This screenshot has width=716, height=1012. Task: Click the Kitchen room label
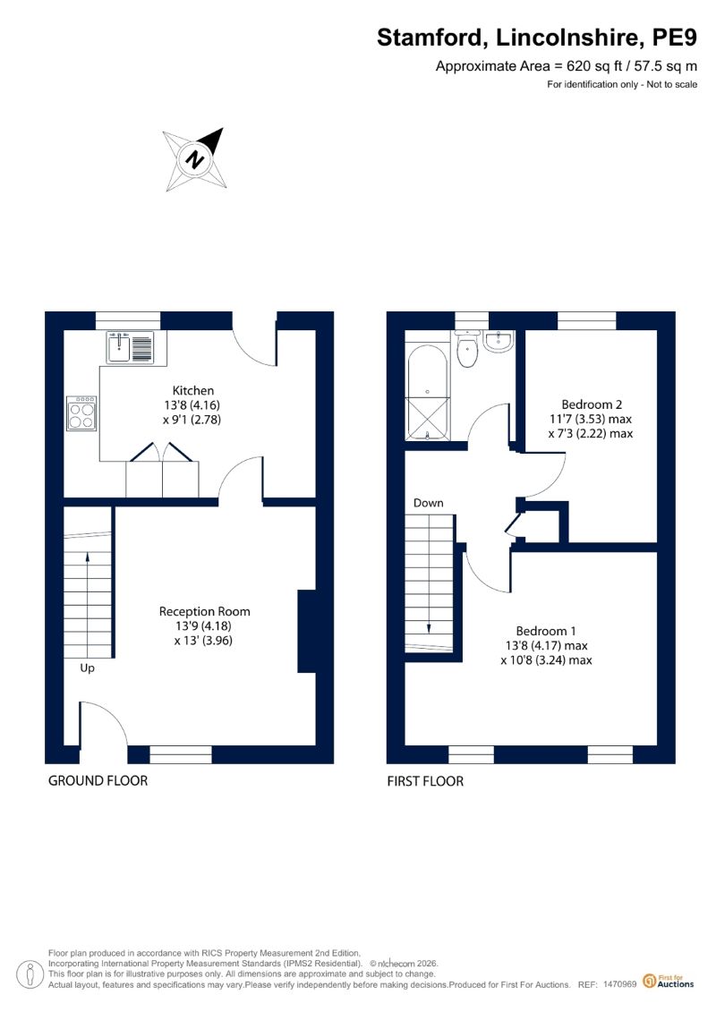(x=192, y=390)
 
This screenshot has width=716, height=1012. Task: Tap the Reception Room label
(x=204, y=611)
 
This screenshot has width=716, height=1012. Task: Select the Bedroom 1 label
(x=546, y=631)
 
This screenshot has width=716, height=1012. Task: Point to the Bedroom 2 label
(x=592, y=404)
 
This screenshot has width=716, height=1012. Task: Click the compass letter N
(x=194, y=158)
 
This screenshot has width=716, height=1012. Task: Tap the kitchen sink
(x=130, y=346)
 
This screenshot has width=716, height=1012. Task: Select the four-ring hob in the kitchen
(x=82, y=413)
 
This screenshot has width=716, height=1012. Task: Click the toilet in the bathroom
(x=466, y=349)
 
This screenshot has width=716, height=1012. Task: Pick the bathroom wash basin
(x=499, y=342)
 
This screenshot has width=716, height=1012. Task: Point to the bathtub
(x=427, y=393)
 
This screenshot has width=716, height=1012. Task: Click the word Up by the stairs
(x=87, y=668)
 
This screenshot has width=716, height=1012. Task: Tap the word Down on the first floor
(x=428, y=503)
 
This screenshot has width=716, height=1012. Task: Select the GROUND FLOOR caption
(x=98, y=781)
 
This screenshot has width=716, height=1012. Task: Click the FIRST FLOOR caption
(x=425, y=781)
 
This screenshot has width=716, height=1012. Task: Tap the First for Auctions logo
(x=669, y=981)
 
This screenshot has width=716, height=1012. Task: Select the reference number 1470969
(x=620, y=984)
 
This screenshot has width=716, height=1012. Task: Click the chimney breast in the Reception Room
(x=307, y=631)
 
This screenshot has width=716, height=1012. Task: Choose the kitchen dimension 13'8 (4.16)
(x=192, y=405)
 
